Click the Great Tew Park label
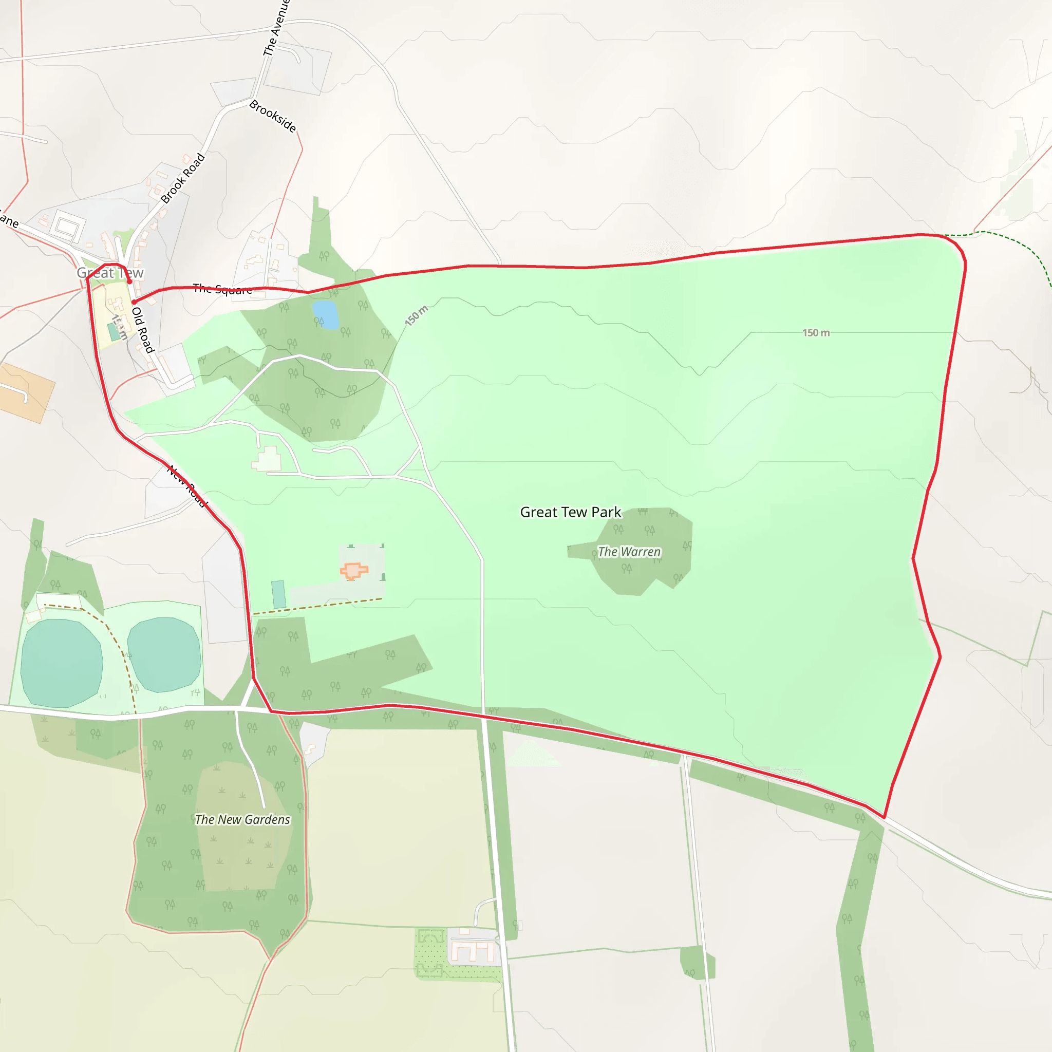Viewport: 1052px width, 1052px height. click(x=570, y=512)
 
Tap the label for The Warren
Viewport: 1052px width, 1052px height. click(x=629, y=552)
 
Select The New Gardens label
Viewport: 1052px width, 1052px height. click(x=242, y=819)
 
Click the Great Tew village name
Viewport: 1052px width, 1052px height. click(x=110, y=273)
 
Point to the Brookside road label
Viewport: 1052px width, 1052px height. click(x=273, y=116)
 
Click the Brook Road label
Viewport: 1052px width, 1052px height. click(x=183, y=178)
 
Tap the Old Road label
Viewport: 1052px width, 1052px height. click(x=143, y=330)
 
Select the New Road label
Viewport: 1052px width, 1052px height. click(x=187, y=486)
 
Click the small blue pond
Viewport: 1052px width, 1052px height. click(x=325, y=315)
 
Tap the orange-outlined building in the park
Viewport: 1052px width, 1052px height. click(x=354, y=571)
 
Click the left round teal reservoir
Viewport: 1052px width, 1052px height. click(x=62, y=663)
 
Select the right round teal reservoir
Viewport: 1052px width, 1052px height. click(x=164, y=654)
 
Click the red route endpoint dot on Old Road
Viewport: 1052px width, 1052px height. click(x=134, y=302)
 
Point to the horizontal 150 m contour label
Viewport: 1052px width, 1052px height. click(x=816, y=333)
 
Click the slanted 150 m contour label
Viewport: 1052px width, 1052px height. click(x=417, y=316)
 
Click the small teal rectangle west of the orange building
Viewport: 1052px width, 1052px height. click(x=278, y=595)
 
